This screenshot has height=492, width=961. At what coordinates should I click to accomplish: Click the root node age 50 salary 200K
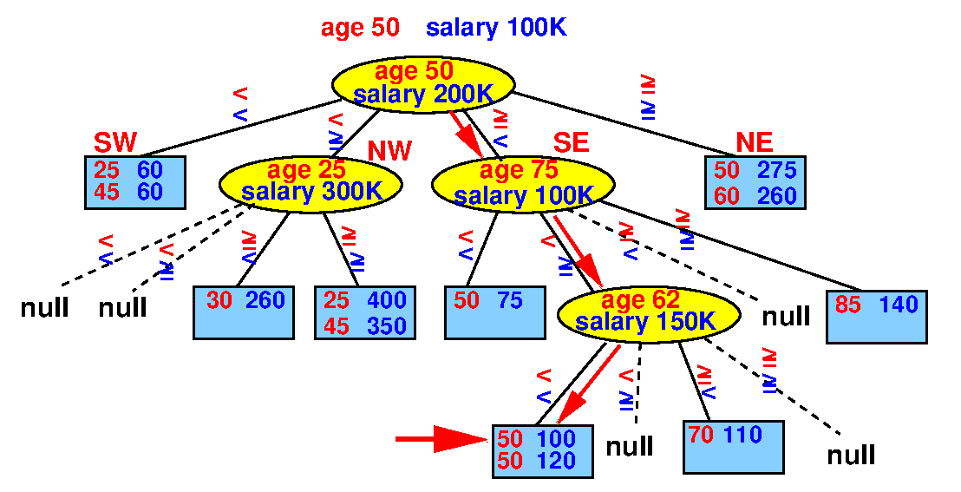click(422, 82)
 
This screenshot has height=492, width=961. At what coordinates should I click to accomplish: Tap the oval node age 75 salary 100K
click(523, 183)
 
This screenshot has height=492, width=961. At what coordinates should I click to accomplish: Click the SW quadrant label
click(115, 142)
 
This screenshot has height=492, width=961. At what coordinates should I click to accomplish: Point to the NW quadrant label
click(389, 150)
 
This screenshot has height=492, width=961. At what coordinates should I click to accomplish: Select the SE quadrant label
click(572, 142)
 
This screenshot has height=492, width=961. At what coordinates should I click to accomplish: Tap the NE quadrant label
click(755, 142)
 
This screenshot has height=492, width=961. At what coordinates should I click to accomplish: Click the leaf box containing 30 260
click(244, 312)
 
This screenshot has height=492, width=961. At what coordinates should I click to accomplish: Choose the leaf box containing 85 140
click(876, 316)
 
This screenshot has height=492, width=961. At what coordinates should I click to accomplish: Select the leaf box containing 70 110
click(734, 447)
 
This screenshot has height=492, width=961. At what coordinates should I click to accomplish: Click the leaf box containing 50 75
click(495, 312)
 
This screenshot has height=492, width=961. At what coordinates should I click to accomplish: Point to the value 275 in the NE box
click(776, 170)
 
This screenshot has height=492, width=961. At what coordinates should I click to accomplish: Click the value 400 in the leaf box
click(387, 300)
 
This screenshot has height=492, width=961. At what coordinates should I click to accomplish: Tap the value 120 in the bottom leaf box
click(557, 460)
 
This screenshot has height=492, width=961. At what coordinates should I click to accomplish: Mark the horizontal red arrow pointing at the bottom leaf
click(441, 438)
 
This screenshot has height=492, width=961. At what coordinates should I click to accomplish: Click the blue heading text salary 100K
click(496, 28)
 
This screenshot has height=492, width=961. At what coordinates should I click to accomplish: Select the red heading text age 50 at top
click(361, 28)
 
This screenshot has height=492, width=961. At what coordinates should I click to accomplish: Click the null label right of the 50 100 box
click(630, 447)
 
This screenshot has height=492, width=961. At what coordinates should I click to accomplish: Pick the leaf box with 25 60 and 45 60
click(134, 182)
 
